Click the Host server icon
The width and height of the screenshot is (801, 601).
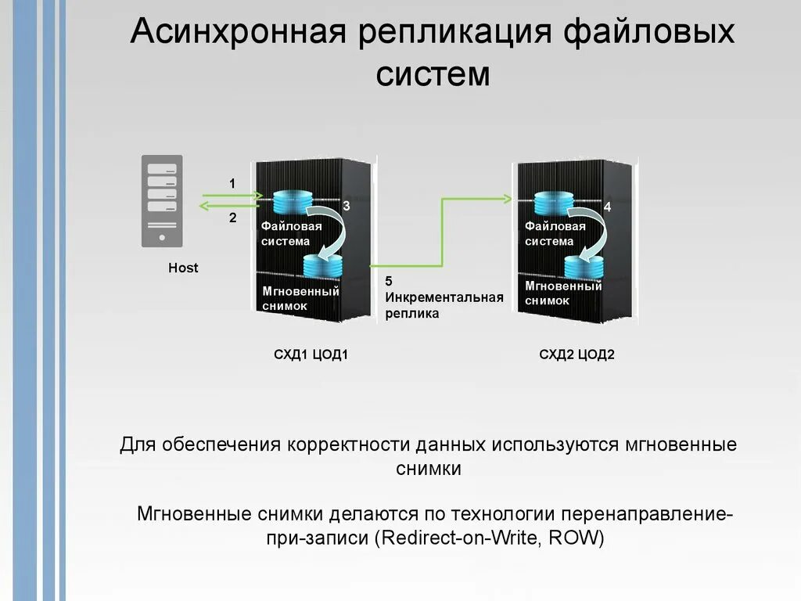(x=160, y=200)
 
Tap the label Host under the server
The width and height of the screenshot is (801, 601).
(x=184, y=268)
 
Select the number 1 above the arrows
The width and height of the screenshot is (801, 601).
(x=232, y=183)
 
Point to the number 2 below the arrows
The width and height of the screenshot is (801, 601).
(x=232, y=218)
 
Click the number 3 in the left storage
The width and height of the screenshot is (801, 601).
(x=346, y=205)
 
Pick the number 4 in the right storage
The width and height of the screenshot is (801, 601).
(x=608, y=207)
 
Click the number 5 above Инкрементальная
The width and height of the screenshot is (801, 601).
(x=389, y=282)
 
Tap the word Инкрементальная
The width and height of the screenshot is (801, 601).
(x=444, y=297)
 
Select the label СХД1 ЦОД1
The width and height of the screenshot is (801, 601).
(x=311, y=354)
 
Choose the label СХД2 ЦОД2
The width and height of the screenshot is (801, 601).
(x=577, y=354)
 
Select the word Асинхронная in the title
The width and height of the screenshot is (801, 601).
(x=237, y=34)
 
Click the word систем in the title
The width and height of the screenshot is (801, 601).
(x=433, y=75)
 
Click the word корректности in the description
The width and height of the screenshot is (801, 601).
(x=348, y=444)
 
